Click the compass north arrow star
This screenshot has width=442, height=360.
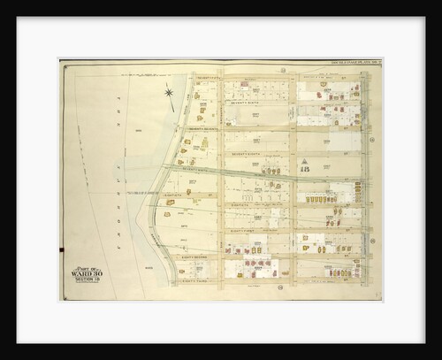coord(168,92)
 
